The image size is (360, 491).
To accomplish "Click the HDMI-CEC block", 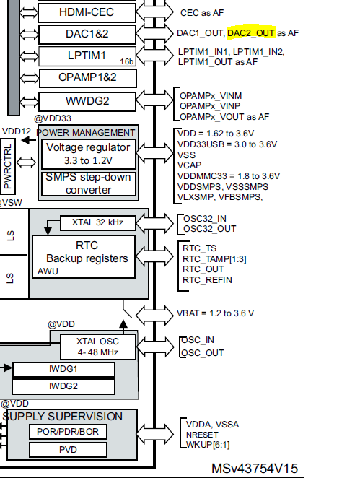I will pyautogui.click(x=86, y=12).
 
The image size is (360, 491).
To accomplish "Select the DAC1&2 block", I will pyautogui.click(x=86, y=34).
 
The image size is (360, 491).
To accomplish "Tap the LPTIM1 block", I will pyautogui.click(x=86, y=56).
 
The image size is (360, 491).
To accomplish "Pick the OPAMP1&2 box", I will pyautogui.click(x=87, y=77).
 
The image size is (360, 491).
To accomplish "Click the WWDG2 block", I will pyautogui.click(x=86, y=100).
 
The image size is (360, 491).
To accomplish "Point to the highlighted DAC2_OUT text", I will pyautogui.click(x=251, y=32).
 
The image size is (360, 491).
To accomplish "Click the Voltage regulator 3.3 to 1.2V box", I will pyautogui.click(x=88, y=152).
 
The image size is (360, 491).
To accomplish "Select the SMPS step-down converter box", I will pyautogui.click(x=88, y=184).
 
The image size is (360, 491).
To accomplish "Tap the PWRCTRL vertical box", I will pyautogui.click(x=9, y=165).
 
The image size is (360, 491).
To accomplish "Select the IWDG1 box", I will pyautogui.click(x=63, y=369).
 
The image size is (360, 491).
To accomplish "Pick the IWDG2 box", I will pyautogui.click(x=63, y=386).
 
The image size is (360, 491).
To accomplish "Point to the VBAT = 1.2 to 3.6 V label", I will pyautogui.click(x=215, y=313).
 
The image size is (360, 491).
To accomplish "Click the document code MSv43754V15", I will pyautogui.click(x=254, y=469).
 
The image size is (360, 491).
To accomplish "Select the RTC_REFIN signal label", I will pyautogui.click(x=206, y=279).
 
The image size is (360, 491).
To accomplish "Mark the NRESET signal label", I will pyautogui.click(x=199, y=435).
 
